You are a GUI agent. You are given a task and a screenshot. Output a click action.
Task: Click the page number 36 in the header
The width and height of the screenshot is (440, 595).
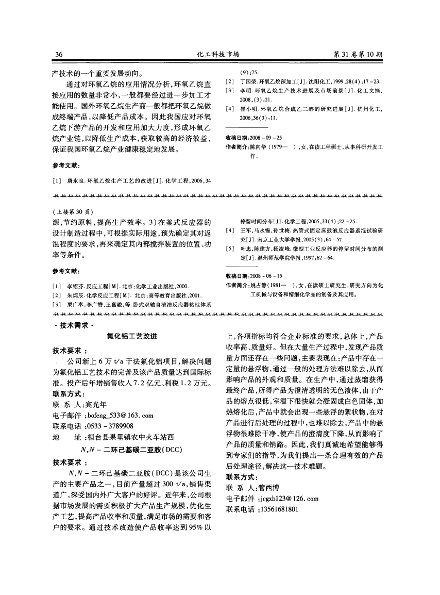click(x=58, y=54)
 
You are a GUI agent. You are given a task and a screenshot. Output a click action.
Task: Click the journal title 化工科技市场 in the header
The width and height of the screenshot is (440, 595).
click(x=219, y=54)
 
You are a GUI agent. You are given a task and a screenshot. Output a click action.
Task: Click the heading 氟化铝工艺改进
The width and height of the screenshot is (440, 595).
click(x=132, y=336)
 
